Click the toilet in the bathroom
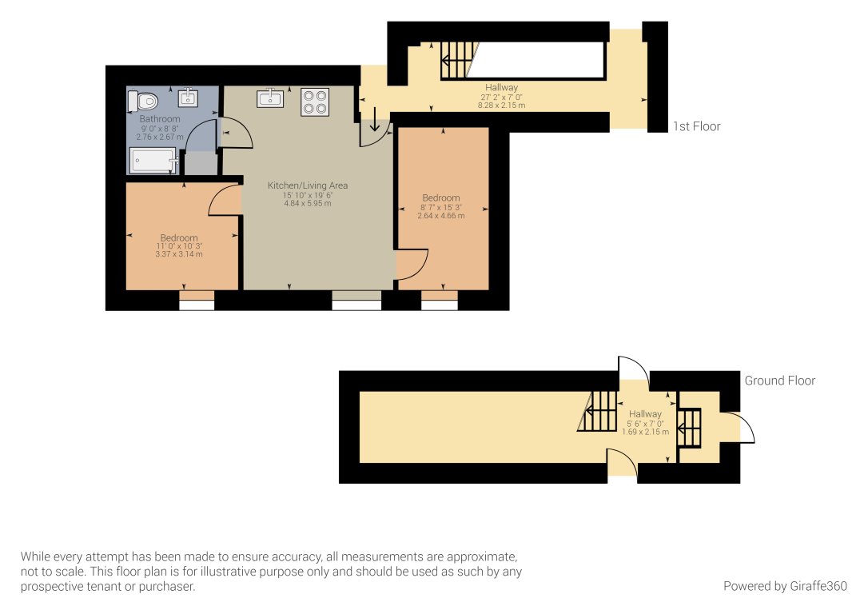(144, 101)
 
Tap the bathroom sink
(189, 98)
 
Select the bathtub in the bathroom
(153, 161)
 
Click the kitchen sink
(270, 98)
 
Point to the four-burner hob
(315, 102)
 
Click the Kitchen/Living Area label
(308, 185)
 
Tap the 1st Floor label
(696, 126)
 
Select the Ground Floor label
(779, 381)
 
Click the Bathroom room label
(160, 119)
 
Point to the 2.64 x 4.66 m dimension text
(441, 216)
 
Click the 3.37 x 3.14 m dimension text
(179, 255)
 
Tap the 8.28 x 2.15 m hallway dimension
(501, 106)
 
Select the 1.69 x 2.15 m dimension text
(644, 432)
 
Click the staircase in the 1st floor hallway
(457, 61)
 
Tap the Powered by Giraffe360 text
(785, 586)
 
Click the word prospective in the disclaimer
(54, 586)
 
